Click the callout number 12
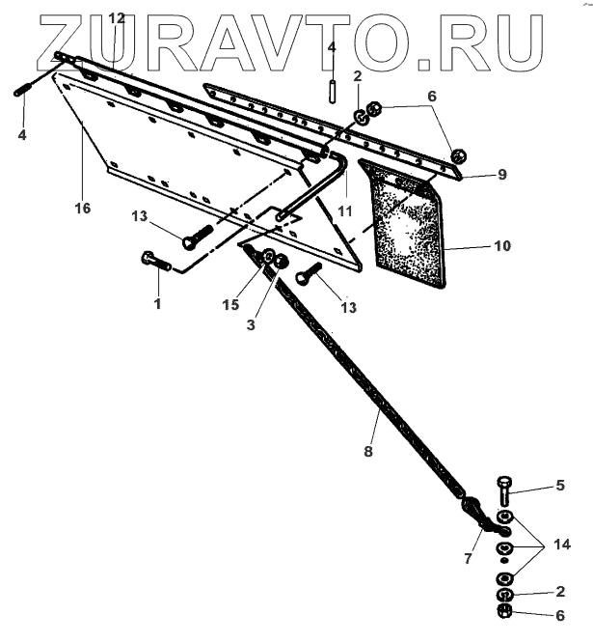117,18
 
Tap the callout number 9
501,175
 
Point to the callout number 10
502,246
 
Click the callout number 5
558,486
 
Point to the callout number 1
159,303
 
